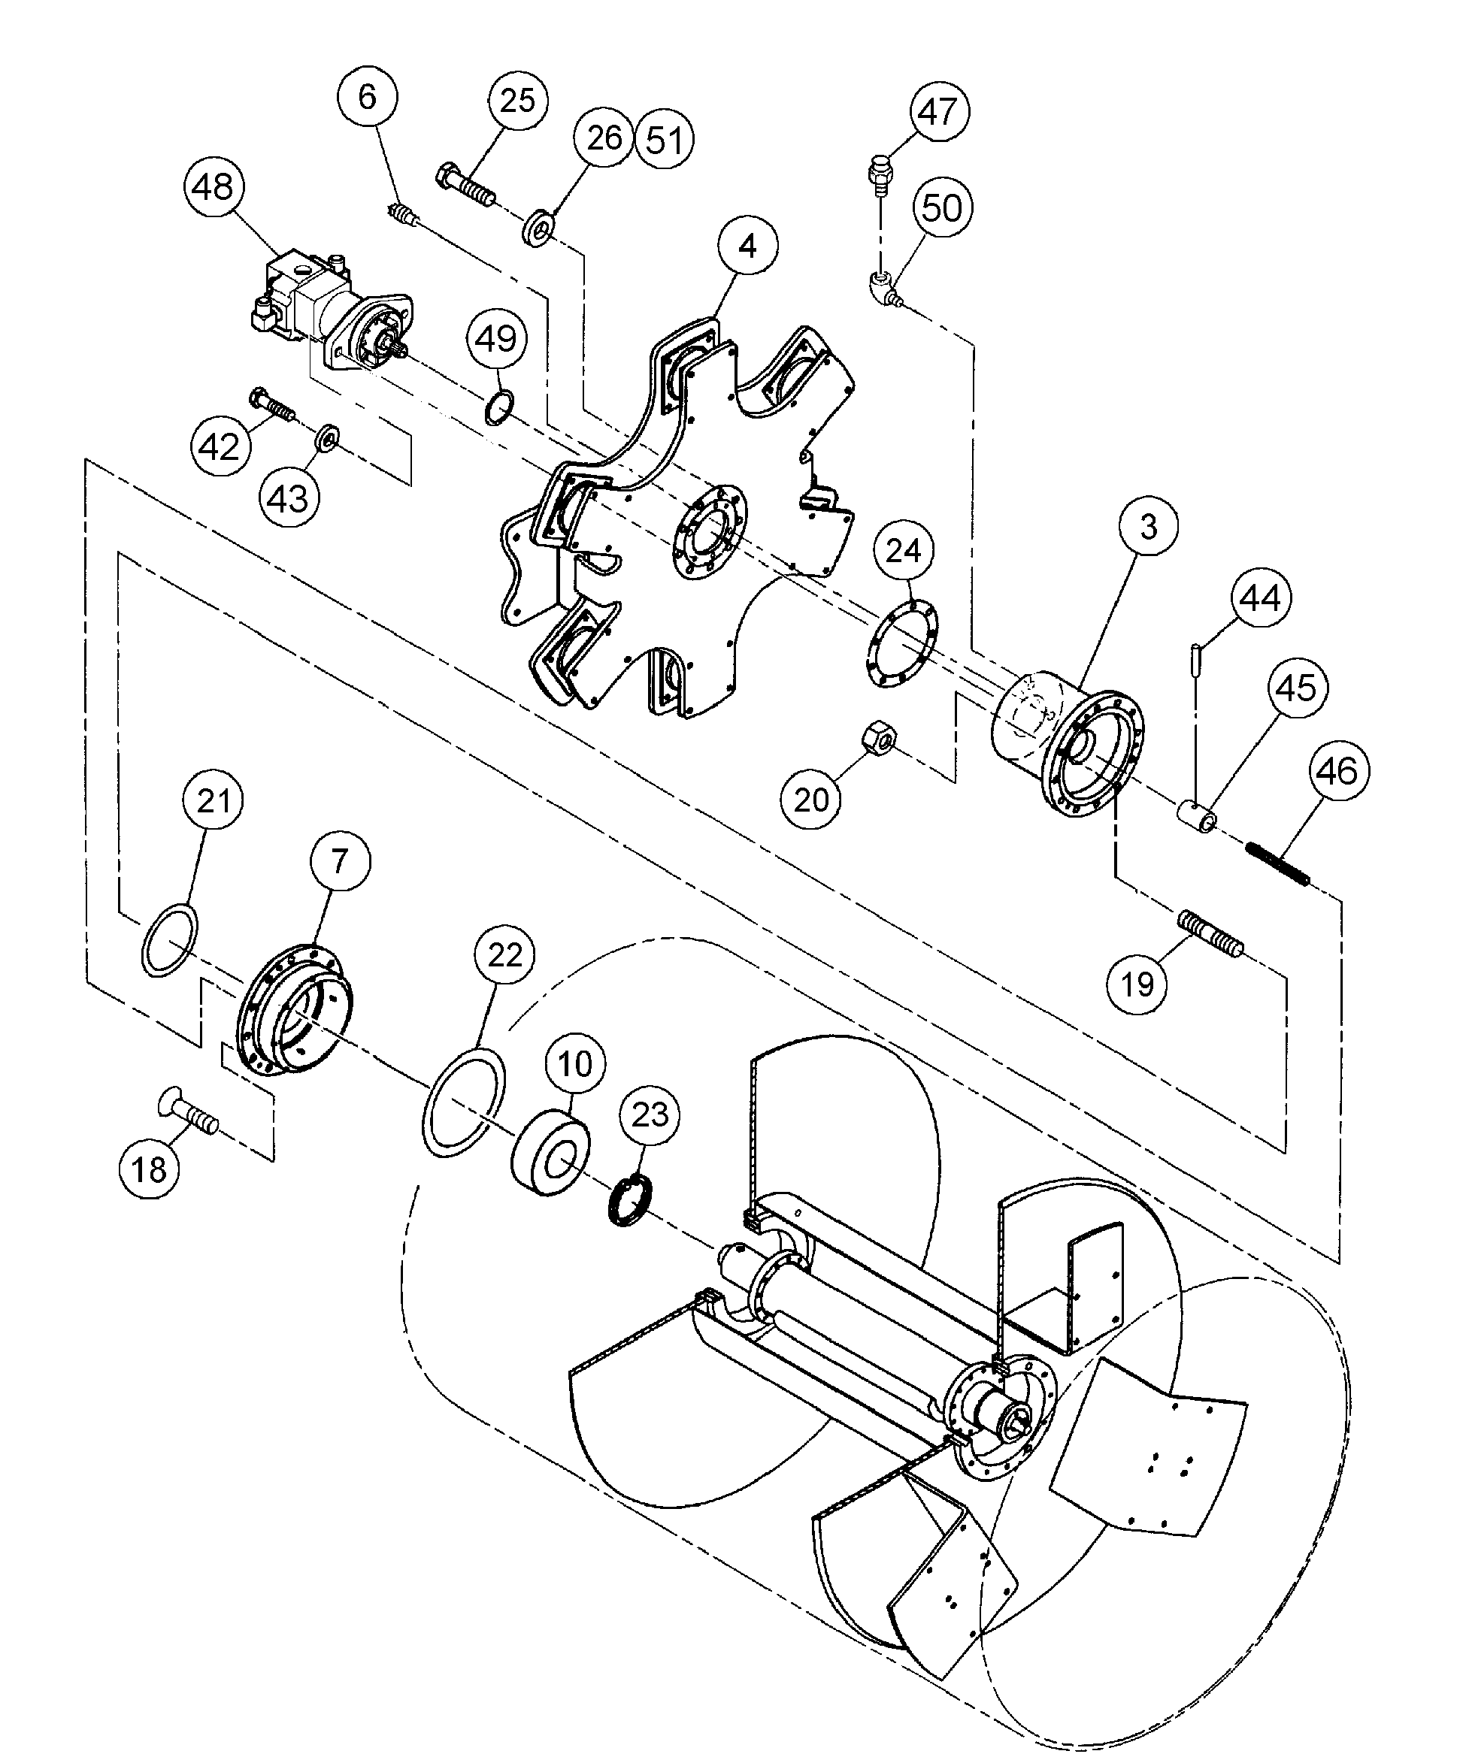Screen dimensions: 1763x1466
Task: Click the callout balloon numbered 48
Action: pos(214,186)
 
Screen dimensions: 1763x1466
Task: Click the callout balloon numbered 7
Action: pos(339,861)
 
